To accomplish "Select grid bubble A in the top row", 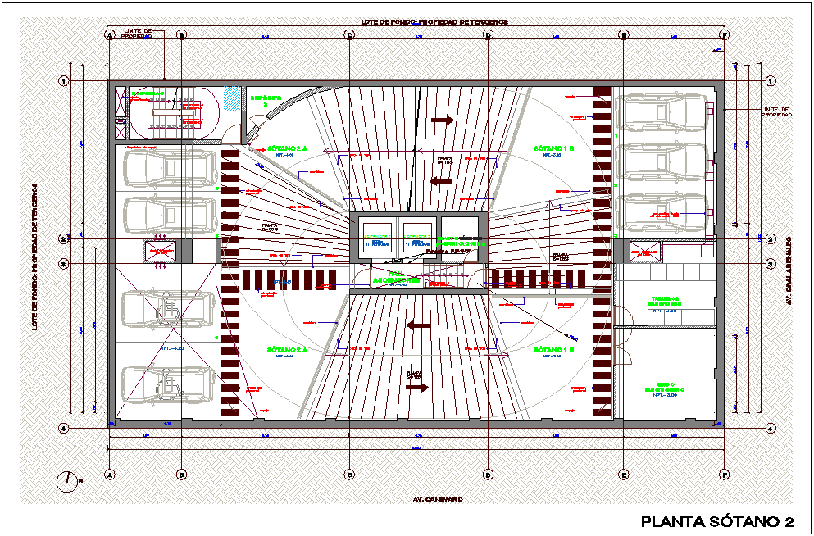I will click(x=109, y=35).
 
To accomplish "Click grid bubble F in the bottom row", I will click(x=725, y=474).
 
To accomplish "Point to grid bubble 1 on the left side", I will click(x=62, y=80).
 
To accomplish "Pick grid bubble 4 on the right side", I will click(x=770, y=428).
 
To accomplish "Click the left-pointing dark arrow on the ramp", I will click(x=418, y=325).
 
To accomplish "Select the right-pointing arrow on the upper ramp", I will click(x=442, y=120).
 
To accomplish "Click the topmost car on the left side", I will click(x=168, y=168).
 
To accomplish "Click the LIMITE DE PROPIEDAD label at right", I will click(x=775, y=112).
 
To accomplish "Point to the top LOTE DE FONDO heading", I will click(x=434, y=21).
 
